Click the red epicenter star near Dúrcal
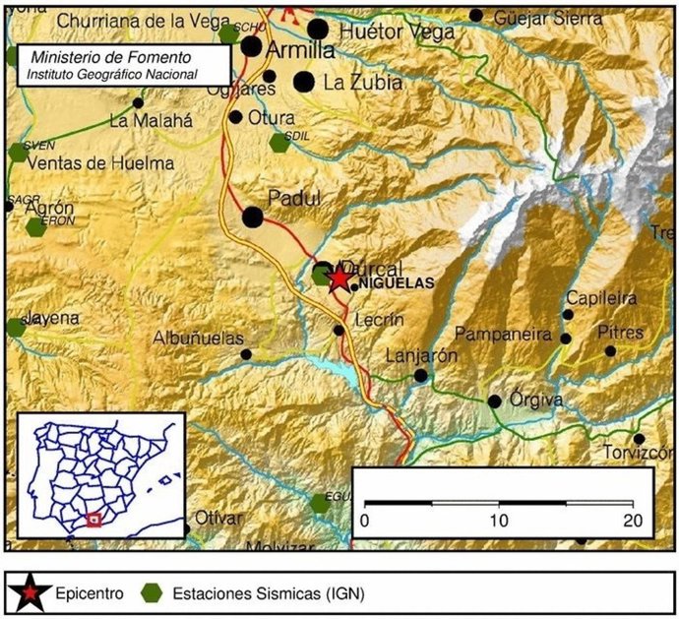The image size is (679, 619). [339, 279]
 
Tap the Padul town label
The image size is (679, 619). [295, 199]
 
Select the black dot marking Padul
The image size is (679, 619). [253, 217]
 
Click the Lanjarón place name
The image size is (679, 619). [422, 356]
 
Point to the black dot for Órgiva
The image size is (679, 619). [495, 401]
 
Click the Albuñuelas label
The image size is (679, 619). [198, 338]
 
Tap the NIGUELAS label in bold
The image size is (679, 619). [397, 284]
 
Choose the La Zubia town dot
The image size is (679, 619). [304, 82]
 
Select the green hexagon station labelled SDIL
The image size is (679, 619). [280, 143]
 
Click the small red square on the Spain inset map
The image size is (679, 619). [93, 519]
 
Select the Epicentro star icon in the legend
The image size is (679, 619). [30, 593]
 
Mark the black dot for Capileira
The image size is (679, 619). [567, 315]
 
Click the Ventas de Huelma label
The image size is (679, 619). [102, 163]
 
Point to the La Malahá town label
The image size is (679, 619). [151, 122]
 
